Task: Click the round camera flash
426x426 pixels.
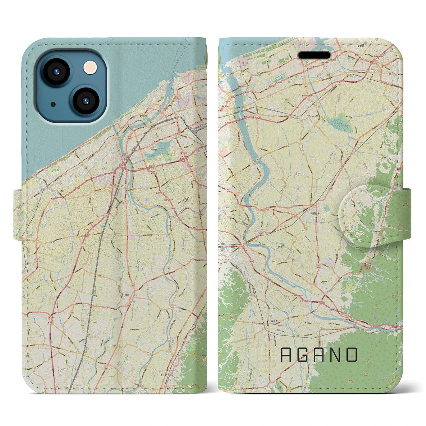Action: pyautogui.click(x=90, y=68)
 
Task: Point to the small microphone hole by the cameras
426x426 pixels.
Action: pyautogui.click(x=53, y=104)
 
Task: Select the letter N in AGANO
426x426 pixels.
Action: pyautogui.click(x=334, y=355)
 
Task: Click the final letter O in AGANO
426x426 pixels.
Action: pyautogui.click(x=351, y=355)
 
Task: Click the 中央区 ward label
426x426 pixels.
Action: pyautogui.click(x=154, y=150)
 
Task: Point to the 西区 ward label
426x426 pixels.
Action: pyautogui.click(x=63, y=191)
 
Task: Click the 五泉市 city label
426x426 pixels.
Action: pyautogui.click(x=274, y=321)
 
